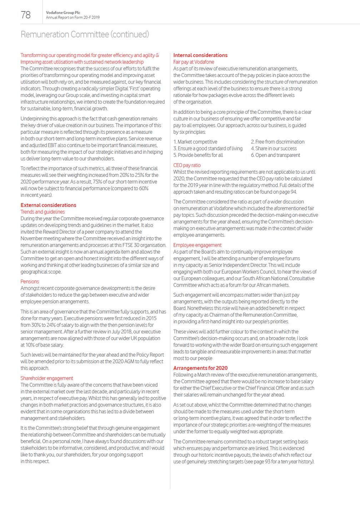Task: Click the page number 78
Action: [26, 15]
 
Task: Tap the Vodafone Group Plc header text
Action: [63, 12]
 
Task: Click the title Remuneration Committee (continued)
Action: [85, 34]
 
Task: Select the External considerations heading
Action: [48, 205]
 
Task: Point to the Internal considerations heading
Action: [200, 55]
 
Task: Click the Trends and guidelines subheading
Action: [42, 212]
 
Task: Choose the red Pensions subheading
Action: [30, 282]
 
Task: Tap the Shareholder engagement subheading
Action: [47, 378]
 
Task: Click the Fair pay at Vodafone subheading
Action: [194, 62]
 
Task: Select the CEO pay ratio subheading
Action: [187, 165]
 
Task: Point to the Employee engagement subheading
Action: [197, 245]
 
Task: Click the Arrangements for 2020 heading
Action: [200, 368]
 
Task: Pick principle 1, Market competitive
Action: [195, 142]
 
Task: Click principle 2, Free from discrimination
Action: [277, 142]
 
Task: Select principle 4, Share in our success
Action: [274, 148]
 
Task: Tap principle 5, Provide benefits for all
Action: [198, 155]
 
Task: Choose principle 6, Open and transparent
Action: [275, 155]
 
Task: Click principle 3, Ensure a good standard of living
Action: [208, 148]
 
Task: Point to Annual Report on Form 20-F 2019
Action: [73, 17]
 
